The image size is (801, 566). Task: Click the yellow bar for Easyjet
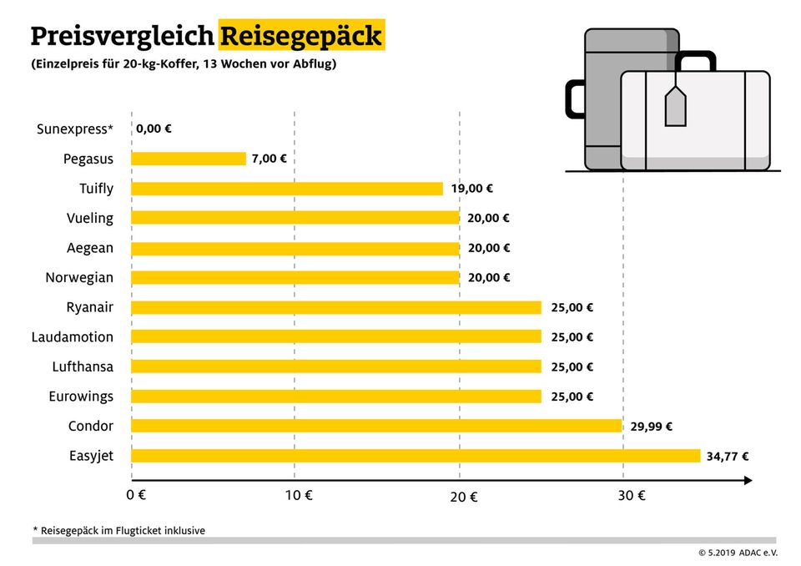(416, 456)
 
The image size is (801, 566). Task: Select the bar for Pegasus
(189, 159)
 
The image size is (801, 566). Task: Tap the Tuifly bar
(287, 189)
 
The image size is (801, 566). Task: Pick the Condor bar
(376, 426)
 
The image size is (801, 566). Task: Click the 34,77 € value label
(728, 457)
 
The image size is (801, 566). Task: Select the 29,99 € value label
(651, 427)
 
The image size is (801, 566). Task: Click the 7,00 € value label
(270, 159)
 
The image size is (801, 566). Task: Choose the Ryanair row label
(89, 307)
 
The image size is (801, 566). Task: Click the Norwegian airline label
(79, 277)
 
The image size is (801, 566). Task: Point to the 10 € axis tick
(297, 495)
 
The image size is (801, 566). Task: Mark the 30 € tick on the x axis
(631, 495)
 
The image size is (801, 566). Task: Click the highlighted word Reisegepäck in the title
(301, 37)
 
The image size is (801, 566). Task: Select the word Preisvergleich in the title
(122, 37)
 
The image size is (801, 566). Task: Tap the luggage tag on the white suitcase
(674, 108)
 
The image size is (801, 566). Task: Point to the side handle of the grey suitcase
(574, 98)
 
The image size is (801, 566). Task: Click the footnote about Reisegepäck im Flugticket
(118, 530)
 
